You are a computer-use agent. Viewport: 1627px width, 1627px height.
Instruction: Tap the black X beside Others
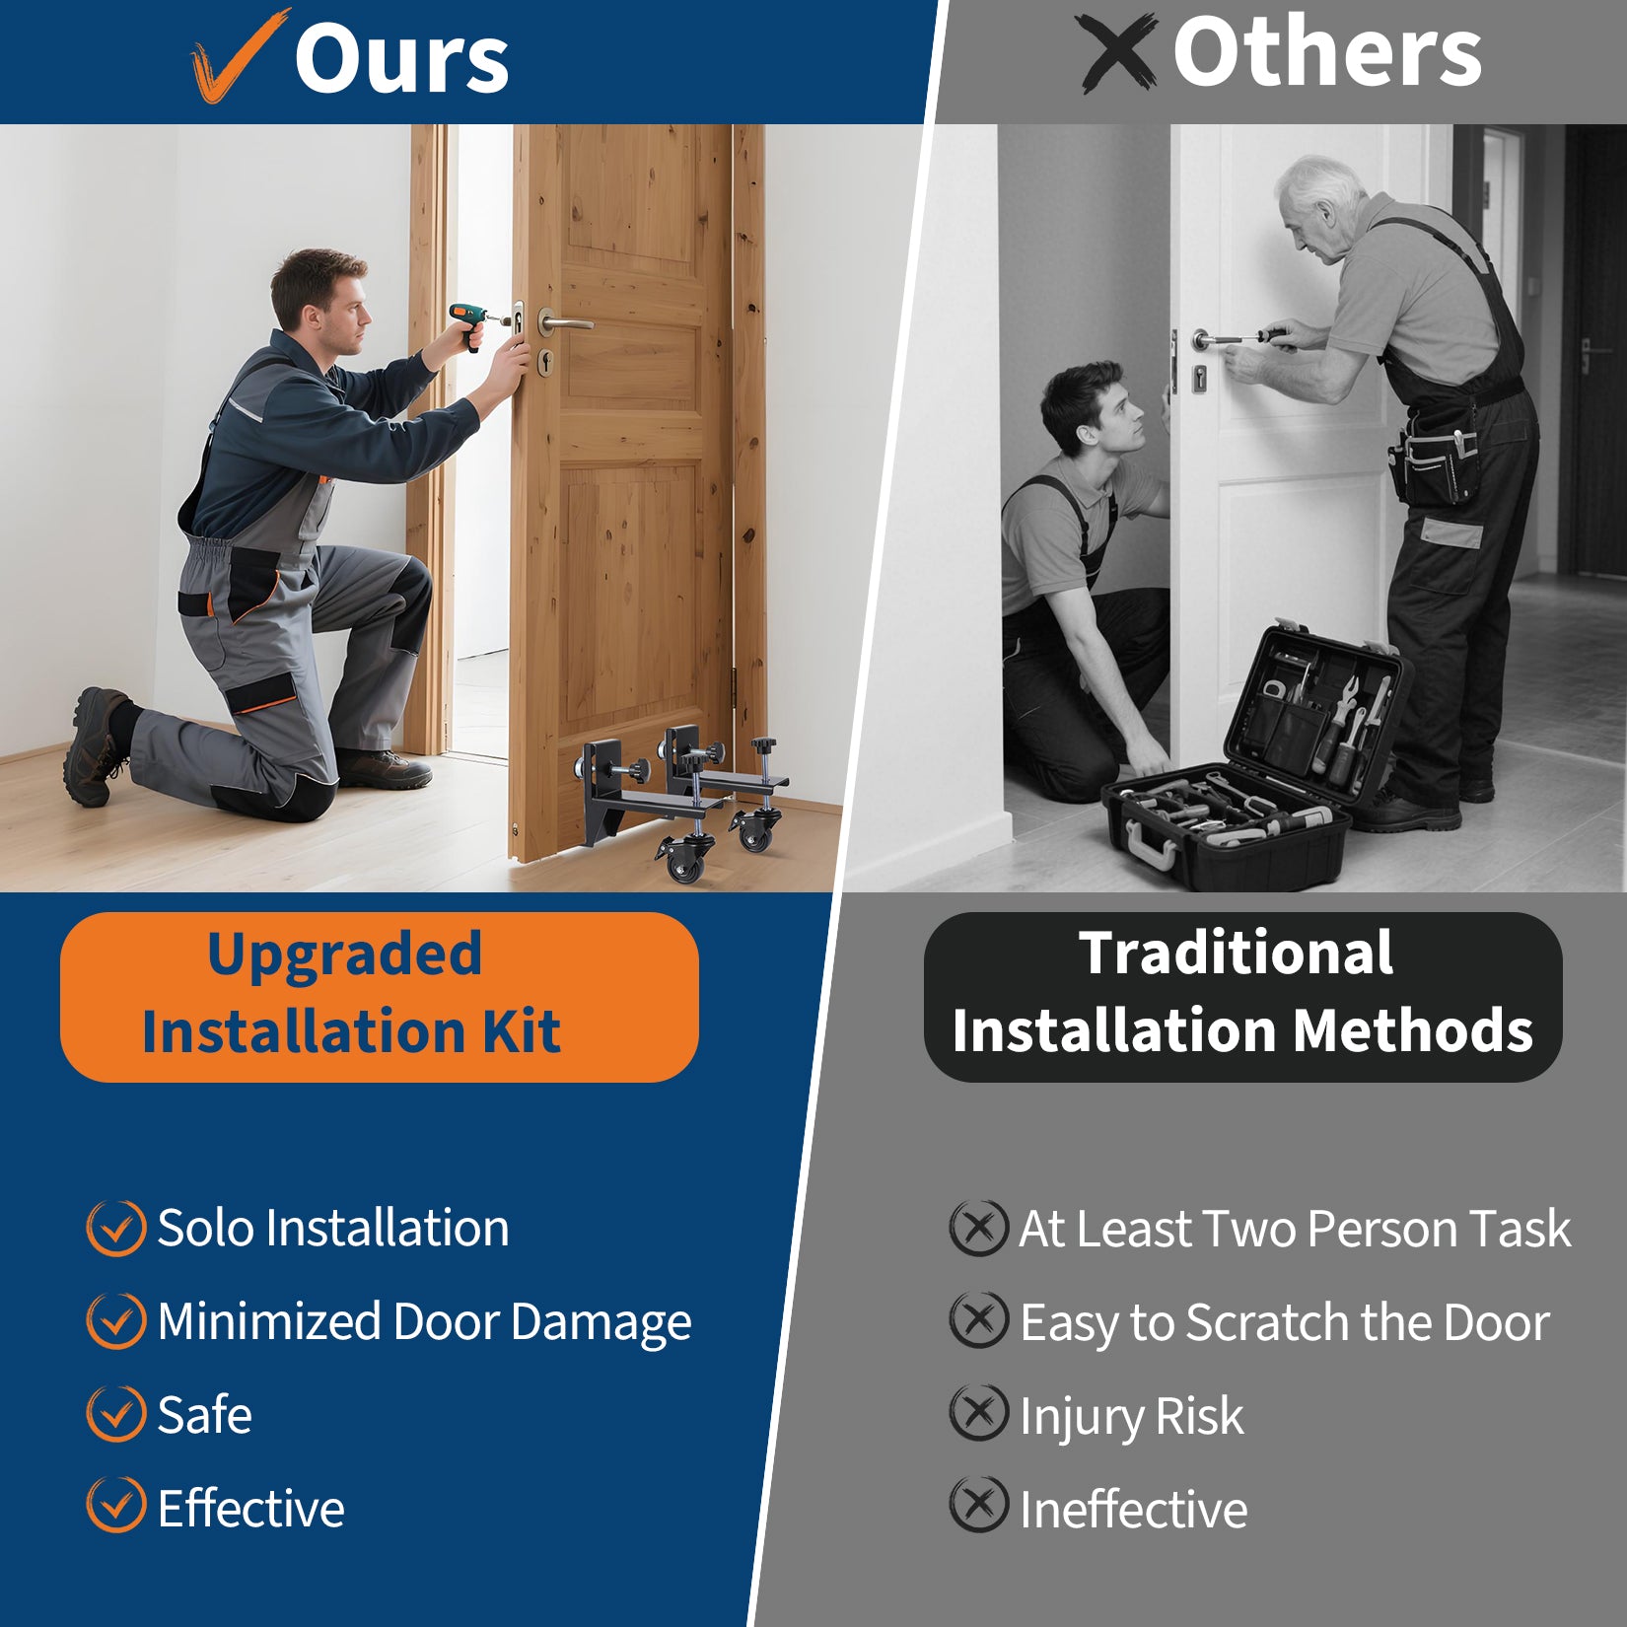[x=1117, y=51]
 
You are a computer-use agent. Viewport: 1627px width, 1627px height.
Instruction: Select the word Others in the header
[x=1327, y=51]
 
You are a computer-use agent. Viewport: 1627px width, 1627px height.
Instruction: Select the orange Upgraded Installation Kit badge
[x=380, y=997]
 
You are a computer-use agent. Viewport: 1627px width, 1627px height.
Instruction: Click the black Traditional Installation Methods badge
[x=1242, y=997]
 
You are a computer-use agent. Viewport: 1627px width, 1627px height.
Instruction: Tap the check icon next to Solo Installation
[x=116, y=1229]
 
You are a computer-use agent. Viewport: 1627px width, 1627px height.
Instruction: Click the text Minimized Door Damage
[x=424, y=1322]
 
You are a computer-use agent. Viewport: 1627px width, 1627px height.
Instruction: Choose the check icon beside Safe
[x=116, y=1414]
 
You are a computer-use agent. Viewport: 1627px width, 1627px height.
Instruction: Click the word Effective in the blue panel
[x=251, y=1508]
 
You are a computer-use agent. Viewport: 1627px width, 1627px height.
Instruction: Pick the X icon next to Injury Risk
[x=978, y=1412]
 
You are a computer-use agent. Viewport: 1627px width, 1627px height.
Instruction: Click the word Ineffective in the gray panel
[x=1134, y=1510]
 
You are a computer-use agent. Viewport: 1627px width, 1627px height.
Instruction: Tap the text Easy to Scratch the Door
[x=1285, y=1322]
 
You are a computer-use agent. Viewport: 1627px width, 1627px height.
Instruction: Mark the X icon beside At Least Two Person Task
[x=978, y=1228]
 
